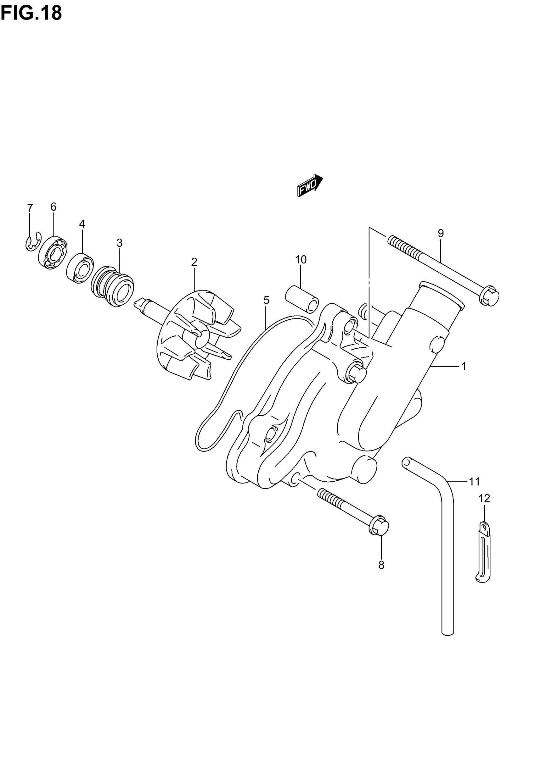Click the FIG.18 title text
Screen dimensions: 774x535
click(31, 14)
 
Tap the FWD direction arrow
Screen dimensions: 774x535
click(310, 185)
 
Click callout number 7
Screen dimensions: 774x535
click(30, 208)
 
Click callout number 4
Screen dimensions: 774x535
click(82, 224)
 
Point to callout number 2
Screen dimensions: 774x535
click(194, 262)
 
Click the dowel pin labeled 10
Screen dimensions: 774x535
click(302, 299)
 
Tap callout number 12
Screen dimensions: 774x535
click(484, 508)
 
